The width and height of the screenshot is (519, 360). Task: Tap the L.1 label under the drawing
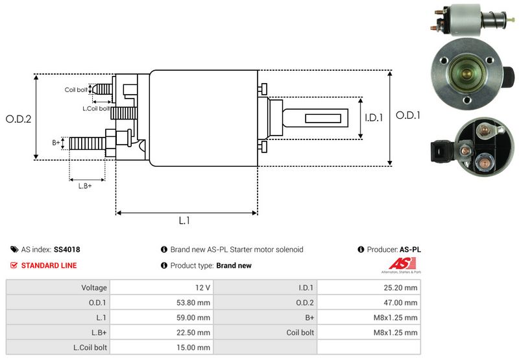point(184,221)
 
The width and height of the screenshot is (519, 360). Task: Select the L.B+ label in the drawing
point(85,186)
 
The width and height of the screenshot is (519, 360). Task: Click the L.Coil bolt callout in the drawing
point(95,108)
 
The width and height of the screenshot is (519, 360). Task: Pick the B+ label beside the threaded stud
point(56,142)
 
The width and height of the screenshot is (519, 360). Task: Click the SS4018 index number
point(67,249)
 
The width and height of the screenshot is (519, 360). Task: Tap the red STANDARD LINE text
point(49,265)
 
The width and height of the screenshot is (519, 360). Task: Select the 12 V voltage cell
point(202,287)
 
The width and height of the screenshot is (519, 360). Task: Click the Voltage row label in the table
point(94,287)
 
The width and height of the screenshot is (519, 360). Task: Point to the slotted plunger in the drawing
point(318,119)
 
